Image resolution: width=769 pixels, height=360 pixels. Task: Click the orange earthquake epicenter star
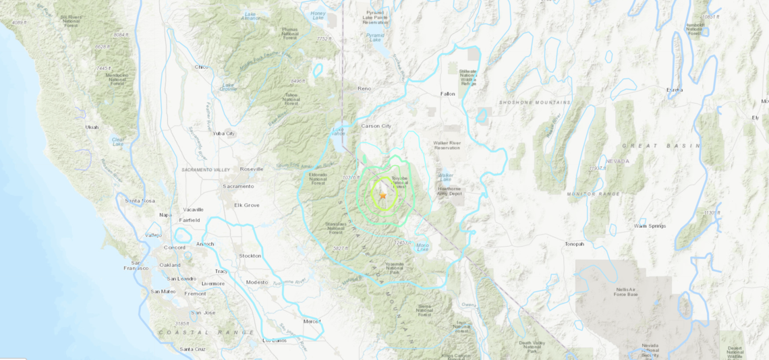tap(382, 196)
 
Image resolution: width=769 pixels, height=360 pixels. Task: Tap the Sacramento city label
tap(239, 186)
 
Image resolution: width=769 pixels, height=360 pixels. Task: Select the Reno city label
tap(364, 88)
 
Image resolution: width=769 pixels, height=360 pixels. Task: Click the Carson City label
tap(376, 126)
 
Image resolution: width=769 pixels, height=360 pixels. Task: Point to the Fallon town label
tap(448, 94)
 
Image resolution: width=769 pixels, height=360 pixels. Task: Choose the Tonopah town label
tap(574, 244)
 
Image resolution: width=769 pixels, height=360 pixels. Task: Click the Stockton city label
tap(250, 256)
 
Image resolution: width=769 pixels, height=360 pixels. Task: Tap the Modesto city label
tap(257, 282)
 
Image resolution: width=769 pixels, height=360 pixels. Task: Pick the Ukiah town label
tap(92, 127)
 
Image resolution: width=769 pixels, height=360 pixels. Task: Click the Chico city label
tap(201, 67)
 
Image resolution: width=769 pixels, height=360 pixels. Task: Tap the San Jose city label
tap(203, 313)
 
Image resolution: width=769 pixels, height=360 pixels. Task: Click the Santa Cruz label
tap(193, 349)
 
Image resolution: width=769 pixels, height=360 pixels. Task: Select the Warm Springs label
tap(650, 226)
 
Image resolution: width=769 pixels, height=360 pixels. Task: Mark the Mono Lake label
tap(423, 247)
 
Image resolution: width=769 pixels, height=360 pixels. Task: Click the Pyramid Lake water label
tap(375, 38)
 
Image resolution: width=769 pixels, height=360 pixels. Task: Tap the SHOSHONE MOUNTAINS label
tap(535, 102)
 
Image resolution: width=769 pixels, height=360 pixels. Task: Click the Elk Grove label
tap(246, 205)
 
